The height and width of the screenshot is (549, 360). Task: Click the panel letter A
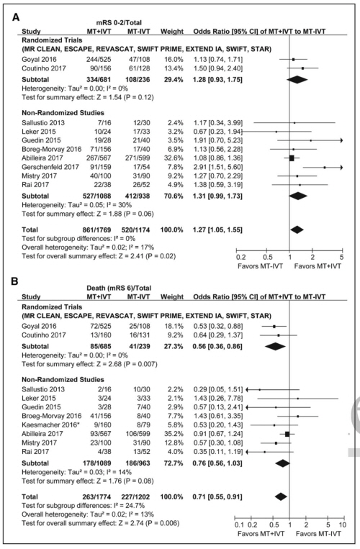click(16, 17)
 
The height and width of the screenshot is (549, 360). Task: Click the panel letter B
click(15, 281)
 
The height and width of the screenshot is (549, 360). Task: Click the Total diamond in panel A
click(297, 230)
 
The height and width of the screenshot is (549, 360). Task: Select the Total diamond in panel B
click(281, 496)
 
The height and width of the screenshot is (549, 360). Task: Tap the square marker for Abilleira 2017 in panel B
click(287, 434)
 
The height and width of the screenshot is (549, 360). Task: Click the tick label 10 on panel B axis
click(343, 525)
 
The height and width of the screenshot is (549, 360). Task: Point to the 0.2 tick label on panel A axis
click(241, 256)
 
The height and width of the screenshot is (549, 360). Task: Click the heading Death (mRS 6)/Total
click(119, 288)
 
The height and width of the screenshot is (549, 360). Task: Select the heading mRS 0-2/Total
click(120, 23)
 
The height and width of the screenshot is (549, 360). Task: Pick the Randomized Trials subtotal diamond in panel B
click(275, 346)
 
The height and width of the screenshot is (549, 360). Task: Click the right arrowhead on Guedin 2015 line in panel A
click(341, 140)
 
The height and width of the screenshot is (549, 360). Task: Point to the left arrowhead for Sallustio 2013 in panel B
click(247, 389)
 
